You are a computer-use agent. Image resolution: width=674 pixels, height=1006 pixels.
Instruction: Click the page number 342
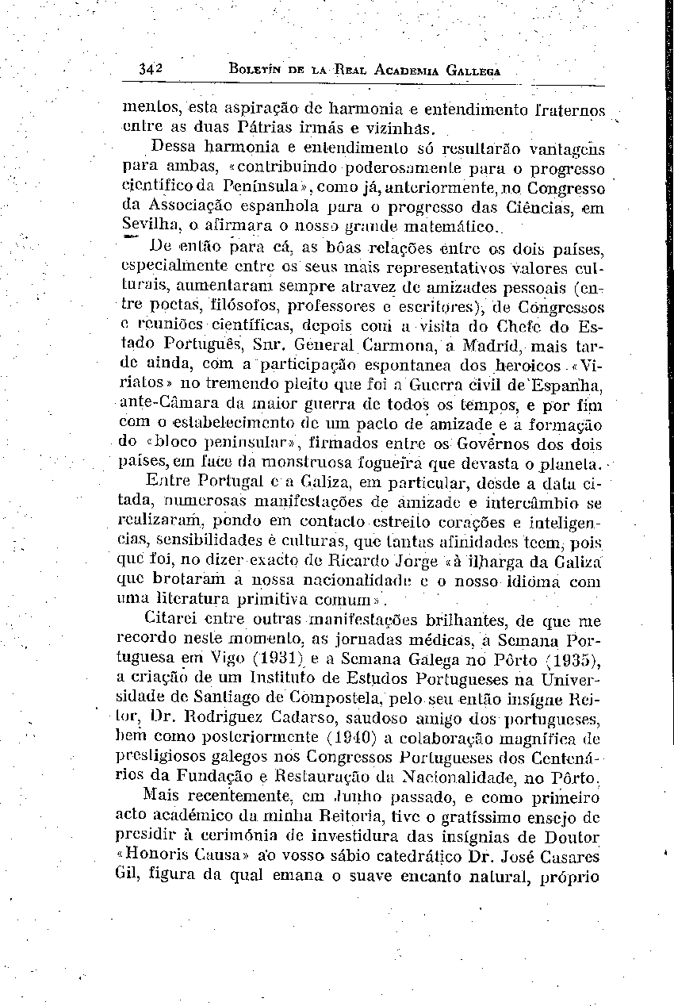coord(149,68)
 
